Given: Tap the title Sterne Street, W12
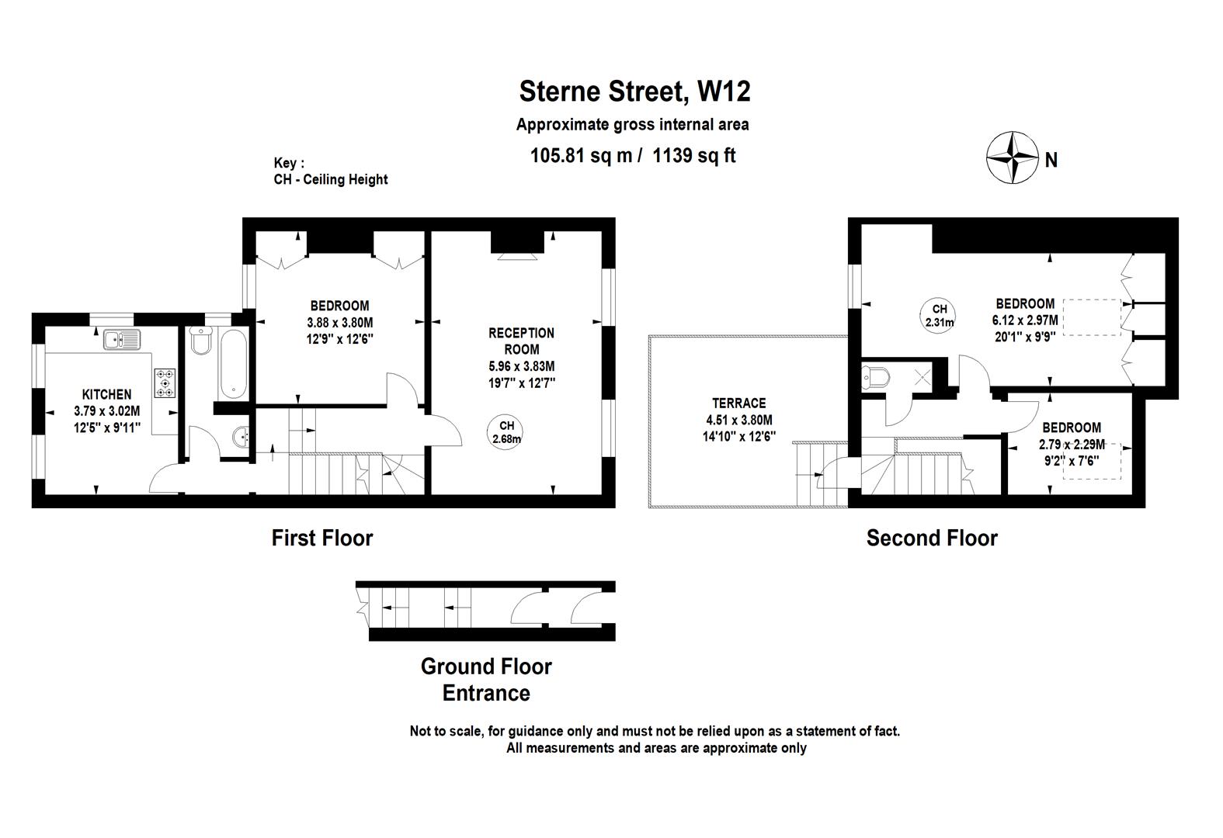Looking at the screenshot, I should [x=634, y=92].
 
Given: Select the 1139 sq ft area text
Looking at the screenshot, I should [x=694, y=156].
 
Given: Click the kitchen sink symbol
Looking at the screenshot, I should [x=121, y=339].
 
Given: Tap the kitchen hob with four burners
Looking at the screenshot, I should [x=165, y=383].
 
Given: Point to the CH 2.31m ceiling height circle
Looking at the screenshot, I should [x=939, y=315].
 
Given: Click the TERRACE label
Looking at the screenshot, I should [x=738, y=403].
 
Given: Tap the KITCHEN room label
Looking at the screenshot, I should [x=107, y=395].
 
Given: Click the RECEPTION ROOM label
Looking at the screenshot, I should [x=521, y=341].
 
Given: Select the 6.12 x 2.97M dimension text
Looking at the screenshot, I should [x=1025, y=320].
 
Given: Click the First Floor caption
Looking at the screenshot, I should [x=322, y=538].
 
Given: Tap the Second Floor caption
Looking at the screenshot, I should [x=932, y=538].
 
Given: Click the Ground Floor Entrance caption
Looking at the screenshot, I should [x=486, y=680].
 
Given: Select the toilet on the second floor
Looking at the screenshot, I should [x=877, y=377].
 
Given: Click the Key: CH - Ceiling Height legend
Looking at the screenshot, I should [x=330, y=171].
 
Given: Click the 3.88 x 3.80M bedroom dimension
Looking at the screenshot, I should [x=339, y=322].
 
